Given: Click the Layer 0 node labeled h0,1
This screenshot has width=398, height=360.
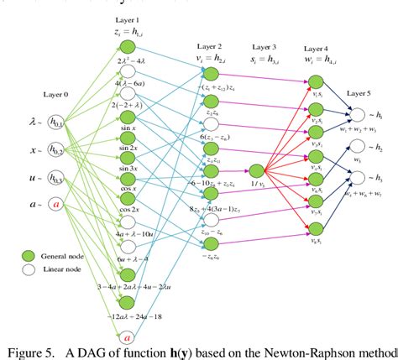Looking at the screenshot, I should click(x=56, y=123).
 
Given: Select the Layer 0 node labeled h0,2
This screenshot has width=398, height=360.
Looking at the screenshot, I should click(x=56, y=150).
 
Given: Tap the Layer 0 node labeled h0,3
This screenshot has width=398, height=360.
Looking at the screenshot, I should click(x=56, y=178).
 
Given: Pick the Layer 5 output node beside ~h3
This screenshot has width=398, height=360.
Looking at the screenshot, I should click(x=358, y=177).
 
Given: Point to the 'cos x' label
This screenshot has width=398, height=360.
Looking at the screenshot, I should click(x=128, y=185).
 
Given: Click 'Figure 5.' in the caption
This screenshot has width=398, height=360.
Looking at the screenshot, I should click(x=34, y=351).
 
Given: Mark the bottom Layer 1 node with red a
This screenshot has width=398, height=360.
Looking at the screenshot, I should click(x=127, y=337).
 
